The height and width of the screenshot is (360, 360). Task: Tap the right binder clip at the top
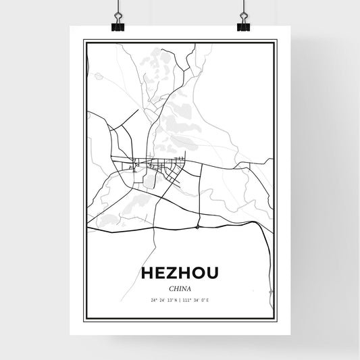243,26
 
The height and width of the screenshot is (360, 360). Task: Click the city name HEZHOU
180,273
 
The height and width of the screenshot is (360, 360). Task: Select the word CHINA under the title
180,288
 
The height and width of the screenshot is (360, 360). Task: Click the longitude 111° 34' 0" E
197,300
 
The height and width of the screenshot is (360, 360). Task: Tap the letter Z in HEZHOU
170,273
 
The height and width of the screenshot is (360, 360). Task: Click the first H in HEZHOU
148,273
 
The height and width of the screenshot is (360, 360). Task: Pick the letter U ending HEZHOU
212,273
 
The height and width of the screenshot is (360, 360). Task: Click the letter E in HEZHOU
160,273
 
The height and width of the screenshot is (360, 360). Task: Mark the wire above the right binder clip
243,8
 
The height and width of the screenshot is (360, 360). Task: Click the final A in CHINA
188,288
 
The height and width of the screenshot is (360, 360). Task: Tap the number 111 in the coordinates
187,300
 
